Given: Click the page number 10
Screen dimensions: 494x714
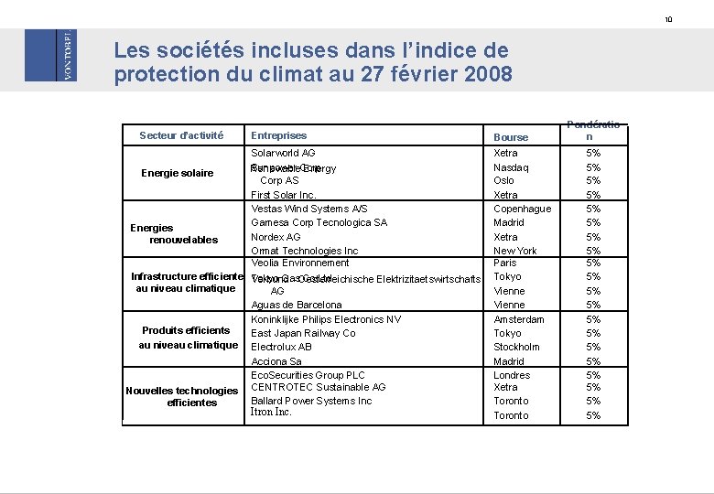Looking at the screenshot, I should [694, 19].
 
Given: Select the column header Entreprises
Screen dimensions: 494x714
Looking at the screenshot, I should [278, 135].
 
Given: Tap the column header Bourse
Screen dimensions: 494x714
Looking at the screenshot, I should [511, 137].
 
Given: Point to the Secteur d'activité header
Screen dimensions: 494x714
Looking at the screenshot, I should [181, 135].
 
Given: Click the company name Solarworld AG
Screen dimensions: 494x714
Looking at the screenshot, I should [283, 153].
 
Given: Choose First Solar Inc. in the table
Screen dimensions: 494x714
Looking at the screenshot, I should [284, 195].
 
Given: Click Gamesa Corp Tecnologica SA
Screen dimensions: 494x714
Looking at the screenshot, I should [319, 222].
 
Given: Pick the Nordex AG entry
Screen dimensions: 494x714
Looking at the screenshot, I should [276, 237].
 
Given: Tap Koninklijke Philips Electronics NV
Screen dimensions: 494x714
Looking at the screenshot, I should [326, 319].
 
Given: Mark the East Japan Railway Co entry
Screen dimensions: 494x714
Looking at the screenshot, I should [303, 333].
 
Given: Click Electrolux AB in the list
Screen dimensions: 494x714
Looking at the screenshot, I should [281, 347].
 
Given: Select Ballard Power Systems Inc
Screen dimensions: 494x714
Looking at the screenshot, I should [311, 401].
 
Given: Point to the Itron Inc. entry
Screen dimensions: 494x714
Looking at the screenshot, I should [271, 413].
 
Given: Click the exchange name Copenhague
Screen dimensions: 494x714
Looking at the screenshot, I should [522, 209].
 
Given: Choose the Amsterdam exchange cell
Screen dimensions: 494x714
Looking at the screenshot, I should [519, 319].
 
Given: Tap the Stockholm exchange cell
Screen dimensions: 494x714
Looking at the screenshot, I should [517, 347].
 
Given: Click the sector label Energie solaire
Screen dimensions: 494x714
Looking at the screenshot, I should [178, 173].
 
